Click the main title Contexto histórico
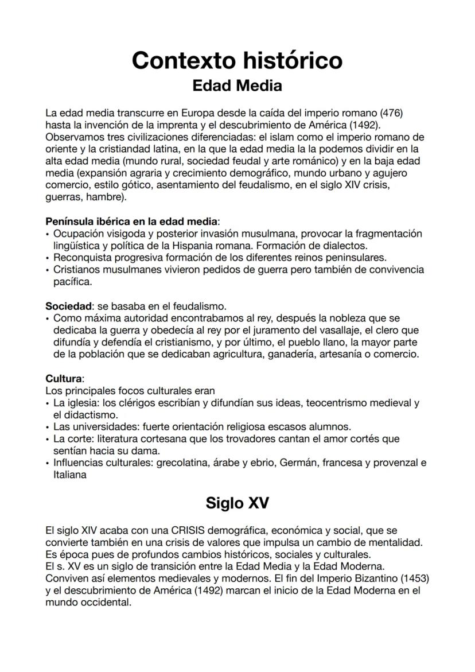237,60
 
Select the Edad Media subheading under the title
237,86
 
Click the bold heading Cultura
64,379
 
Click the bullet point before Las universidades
48,427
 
